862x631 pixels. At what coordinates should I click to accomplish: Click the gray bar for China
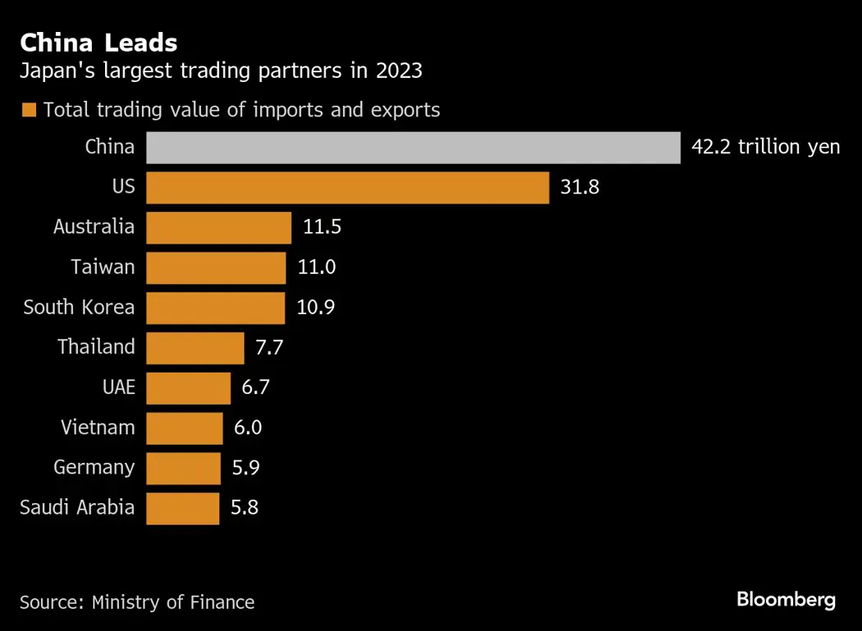tap(413, 148)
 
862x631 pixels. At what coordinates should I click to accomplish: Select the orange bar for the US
tap(347, 188)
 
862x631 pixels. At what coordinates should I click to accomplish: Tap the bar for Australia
tap(218, 227)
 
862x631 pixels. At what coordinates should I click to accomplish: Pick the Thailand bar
tap(195, 347)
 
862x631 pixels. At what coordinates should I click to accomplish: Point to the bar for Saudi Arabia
tap(183, 508)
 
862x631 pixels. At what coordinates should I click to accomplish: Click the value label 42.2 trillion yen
tap(766, 148)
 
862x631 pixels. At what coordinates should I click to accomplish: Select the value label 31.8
tap(580, 188)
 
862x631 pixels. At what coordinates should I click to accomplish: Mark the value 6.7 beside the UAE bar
tap(255, 387)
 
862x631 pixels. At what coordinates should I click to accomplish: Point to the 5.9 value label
tap(245, 468)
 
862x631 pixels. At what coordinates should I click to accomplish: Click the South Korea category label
tap(79, 308)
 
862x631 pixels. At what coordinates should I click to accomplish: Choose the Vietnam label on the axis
tap(98, 428)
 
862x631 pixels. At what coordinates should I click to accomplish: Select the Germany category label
tap(94, 468)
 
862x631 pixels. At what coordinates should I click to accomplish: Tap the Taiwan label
tap(103, 267)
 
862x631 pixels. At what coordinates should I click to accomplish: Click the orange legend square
tap(30, 110)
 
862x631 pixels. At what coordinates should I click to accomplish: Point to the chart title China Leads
tap(99, 43)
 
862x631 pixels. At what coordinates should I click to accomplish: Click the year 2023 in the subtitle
tap(399, 71)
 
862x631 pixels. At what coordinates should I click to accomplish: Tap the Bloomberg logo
tap(786, 600)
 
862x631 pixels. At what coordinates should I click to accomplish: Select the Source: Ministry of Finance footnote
tap(137, 602)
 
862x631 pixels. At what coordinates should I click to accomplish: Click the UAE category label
tap(119, 387)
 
